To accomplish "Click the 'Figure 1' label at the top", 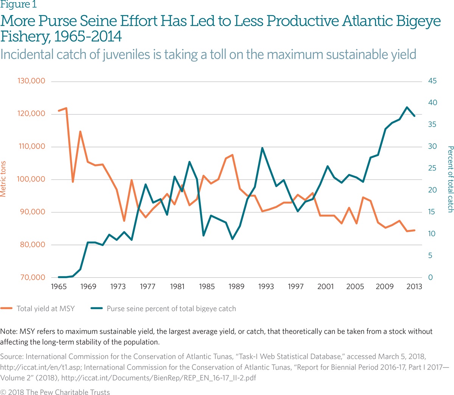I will pos(19,5).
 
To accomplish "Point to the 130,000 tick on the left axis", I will pos(31,81).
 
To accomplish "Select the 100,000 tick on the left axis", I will pos(31,179).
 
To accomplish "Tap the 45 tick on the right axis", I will pos(432,81).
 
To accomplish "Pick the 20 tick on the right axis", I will pos(432,190).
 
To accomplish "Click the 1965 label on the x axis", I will pos(59,287).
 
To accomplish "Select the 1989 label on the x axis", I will pos(236,287).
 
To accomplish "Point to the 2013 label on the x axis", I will pos(414,287).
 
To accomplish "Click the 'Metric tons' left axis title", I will pos(3,179).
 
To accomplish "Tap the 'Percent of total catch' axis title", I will pos(450,179).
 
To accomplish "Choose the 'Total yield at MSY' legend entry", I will pos(45,308).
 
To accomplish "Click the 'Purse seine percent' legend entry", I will pos(171,308).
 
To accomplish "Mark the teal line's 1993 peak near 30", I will pos(262,148).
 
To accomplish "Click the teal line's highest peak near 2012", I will pos(407,107).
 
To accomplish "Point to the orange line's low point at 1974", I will pos(124,221).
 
